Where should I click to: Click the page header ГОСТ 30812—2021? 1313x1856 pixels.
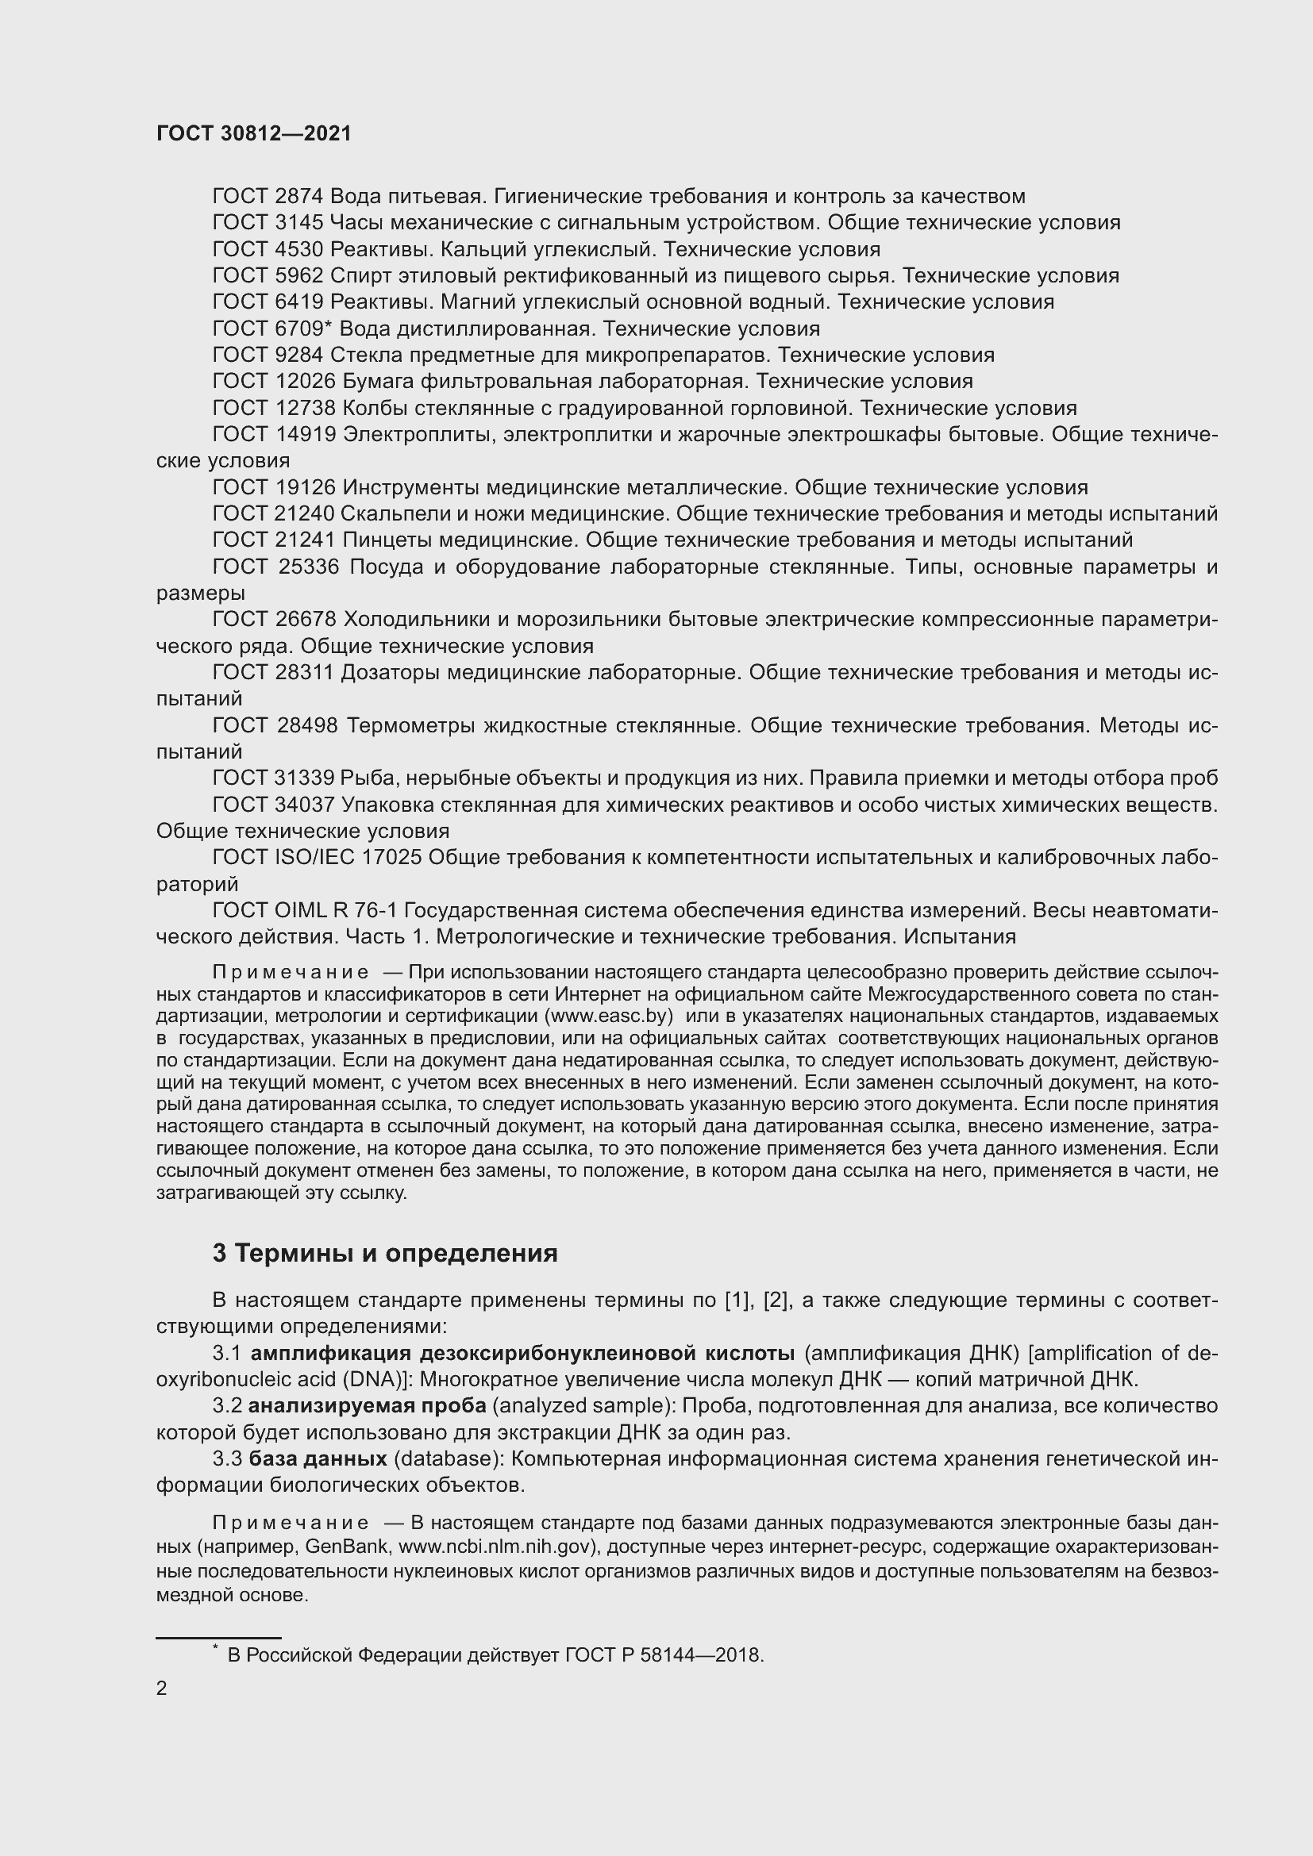click(x=254, y=133)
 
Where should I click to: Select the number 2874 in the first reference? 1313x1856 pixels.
click(x=299, y=197)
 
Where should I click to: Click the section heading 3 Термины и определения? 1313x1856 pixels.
click(x=385, y=1253)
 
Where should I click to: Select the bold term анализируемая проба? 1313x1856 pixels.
click(x=367, y=1406)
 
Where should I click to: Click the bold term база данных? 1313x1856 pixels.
click(x=318, y=1459)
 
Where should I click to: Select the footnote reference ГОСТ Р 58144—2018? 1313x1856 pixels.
click(x=663, y=1654)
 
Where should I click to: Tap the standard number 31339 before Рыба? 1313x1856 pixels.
click(x=304, y=778)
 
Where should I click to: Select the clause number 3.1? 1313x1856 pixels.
click(x=228, y=1353)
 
